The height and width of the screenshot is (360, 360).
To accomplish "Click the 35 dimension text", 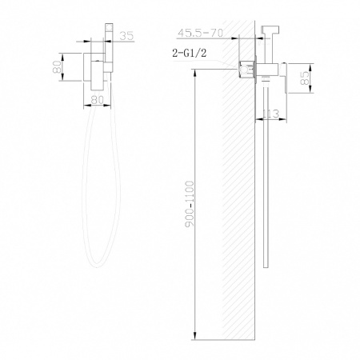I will click(126, 34).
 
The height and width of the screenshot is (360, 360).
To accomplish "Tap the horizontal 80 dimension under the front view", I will click(99, 100).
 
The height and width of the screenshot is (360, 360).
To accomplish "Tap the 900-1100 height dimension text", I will click(187, 208).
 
